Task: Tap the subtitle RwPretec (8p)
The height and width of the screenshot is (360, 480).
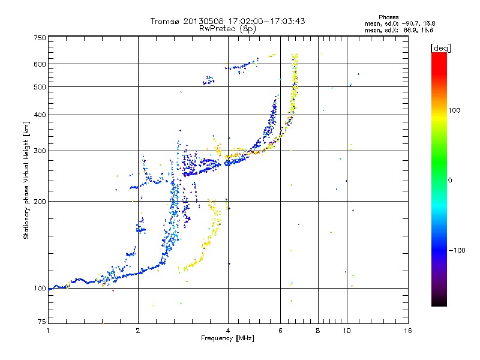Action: pos(227,29)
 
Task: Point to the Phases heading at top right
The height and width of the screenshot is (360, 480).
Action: pos(388,17)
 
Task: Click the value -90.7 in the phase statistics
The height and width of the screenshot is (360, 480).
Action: pos(410,23)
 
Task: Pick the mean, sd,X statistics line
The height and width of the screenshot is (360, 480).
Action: pos(399,30)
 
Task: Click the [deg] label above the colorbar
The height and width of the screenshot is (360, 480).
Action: pos(440,48)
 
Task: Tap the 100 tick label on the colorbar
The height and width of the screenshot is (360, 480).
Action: pos(454,110)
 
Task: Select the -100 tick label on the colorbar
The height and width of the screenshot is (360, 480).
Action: pos(457,250)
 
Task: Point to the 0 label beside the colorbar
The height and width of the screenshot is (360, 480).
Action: pos(450,181)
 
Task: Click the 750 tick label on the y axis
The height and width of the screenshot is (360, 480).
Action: pos(40,38)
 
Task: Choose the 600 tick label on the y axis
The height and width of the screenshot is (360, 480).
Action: pos(40,64)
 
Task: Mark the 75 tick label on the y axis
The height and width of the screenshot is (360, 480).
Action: pos(42,322)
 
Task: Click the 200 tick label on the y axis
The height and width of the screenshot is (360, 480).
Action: pos(40,202)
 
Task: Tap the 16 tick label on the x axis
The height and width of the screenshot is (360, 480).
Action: pos(408,331)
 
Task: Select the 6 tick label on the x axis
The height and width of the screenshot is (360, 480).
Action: pos(280,331)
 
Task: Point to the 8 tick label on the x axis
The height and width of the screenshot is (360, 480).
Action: pos(318,331)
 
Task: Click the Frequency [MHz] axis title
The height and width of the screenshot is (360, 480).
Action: pos(227,338)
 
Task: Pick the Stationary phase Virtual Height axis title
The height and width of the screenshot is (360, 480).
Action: pos(26,181)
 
